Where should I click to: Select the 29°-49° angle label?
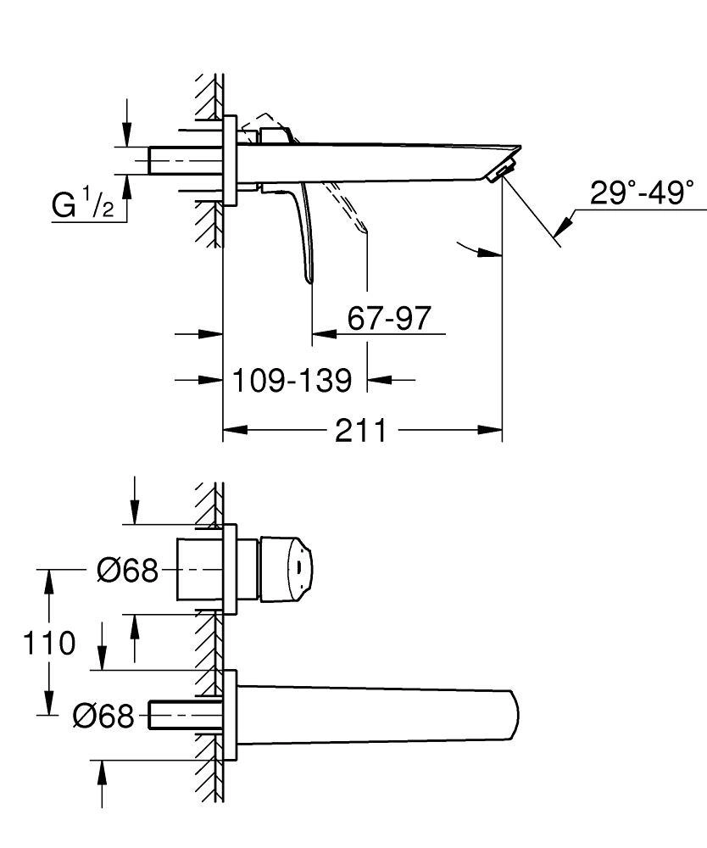point(642,192)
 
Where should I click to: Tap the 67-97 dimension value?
point(389,319)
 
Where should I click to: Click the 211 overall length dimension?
point(360,431)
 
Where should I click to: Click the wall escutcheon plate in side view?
point(229,160)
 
